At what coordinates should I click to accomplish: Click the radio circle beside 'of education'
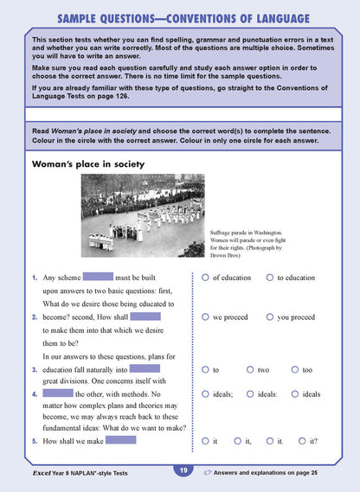pyautogui.click(x=205, y=278)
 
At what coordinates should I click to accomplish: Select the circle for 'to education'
pyautogui.click(x=270, y=278)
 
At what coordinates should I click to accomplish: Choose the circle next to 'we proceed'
pyautogui.click(x=205, y=317)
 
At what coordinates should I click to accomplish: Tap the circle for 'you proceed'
pyautogui.click(x=270, y=317)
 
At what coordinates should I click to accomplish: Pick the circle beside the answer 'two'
pyautogui.click(x=250, y=370)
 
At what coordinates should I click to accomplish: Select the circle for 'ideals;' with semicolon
pyautogui.click(x=205, y=394)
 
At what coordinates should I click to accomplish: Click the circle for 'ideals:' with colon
pyautogui.click(x=250, y=394)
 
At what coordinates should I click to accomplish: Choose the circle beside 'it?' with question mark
pyautogui.click(x=302, y=441)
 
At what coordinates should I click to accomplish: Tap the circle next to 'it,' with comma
pyautogui.click(x=237, y=441)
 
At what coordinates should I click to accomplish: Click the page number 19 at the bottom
pyautogui.click(x=183, y=470)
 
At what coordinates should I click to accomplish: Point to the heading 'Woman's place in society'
pyautogui.click(x=88, y=163)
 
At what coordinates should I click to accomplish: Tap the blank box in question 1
pyautogui.click(x=98, y=278)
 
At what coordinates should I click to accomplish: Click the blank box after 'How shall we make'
pyautogui.click(x=121, y=441)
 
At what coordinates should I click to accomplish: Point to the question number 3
pyautogui.click(x=34, y=370)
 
